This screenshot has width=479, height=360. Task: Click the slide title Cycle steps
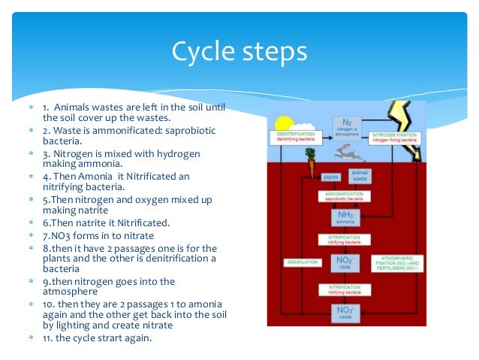239,51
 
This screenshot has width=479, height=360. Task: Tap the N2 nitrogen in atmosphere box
346,128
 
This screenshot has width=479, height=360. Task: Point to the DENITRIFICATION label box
291,138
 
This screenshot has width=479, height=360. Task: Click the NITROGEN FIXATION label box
399,138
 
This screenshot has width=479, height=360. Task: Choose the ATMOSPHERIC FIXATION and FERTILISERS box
397,264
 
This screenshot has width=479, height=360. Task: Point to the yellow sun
285,124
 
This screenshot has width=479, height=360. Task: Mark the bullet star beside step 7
31,236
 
